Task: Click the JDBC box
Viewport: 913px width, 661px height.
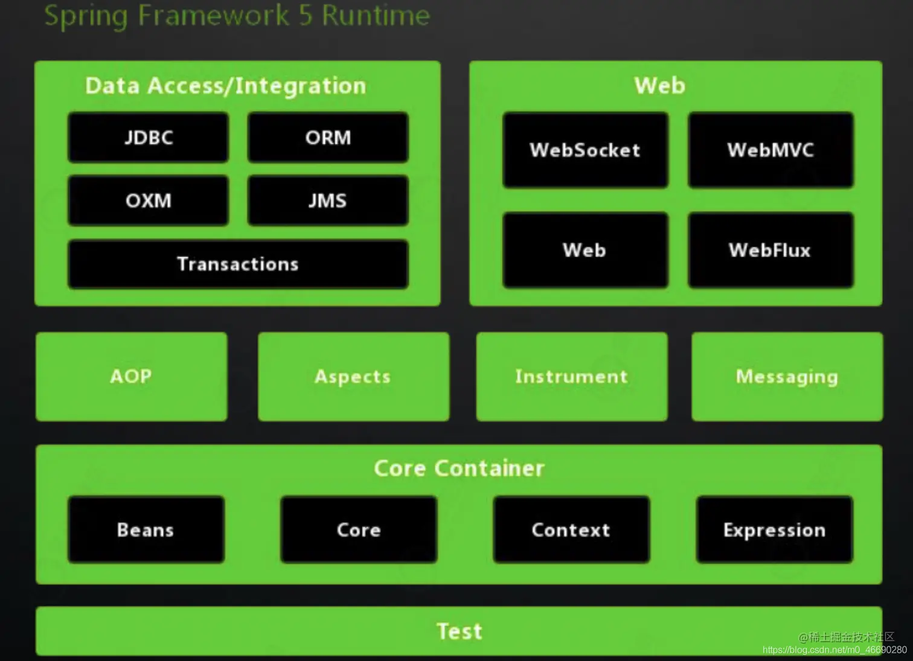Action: pyautogui.click(x=149, y=138)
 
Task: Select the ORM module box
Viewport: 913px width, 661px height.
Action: pyautogui.click(x=328, y=138)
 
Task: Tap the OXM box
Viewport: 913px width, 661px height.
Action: pyautogui.click(x=149, y=200)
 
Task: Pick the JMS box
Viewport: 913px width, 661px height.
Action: pyautogui.click(x=328, y=200)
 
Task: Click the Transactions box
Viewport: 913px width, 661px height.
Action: pyautogui.click(x=238, y=264)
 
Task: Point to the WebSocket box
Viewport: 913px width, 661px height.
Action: pyautogui.click(x=585, y=150)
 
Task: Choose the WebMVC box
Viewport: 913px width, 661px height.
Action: pyautogui.click(x=770, y=150)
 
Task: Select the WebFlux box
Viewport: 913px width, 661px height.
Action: pyautogui.click(x=770, y=250)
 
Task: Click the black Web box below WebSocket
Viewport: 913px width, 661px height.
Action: pyautogui.click(x=585, y=250)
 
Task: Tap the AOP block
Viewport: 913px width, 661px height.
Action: pyautogui.click(x=131, y=377)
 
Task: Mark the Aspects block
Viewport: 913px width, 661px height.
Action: pyautogui.click(x=353, y=377)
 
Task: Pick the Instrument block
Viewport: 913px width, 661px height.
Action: pyautogui.click(x=572, y=377)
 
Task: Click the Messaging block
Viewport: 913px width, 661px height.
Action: pyautogui.click(x=787, y=377)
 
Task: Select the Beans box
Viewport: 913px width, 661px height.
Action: pyautogui.click(x=146, y=530)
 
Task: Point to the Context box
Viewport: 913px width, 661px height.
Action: pyautogui.click(x=571, y=530)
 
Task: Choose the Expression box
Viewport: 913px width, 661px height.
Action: pyautogui.click(x=775, y=530)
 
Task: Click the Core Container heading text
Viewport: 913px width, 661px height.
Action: pyautogui.click(x=459, y=468)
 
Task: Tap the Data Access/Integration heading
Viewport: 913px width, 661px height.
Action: pyautogui.click(x=225, y=86)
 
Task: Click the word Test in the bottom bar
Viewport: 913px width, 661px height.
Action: pyautogui.click(x=460, y=631)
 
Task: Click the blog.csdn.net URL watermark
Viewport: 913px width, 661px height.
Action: pyautogui.click(x=835, y=650)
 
